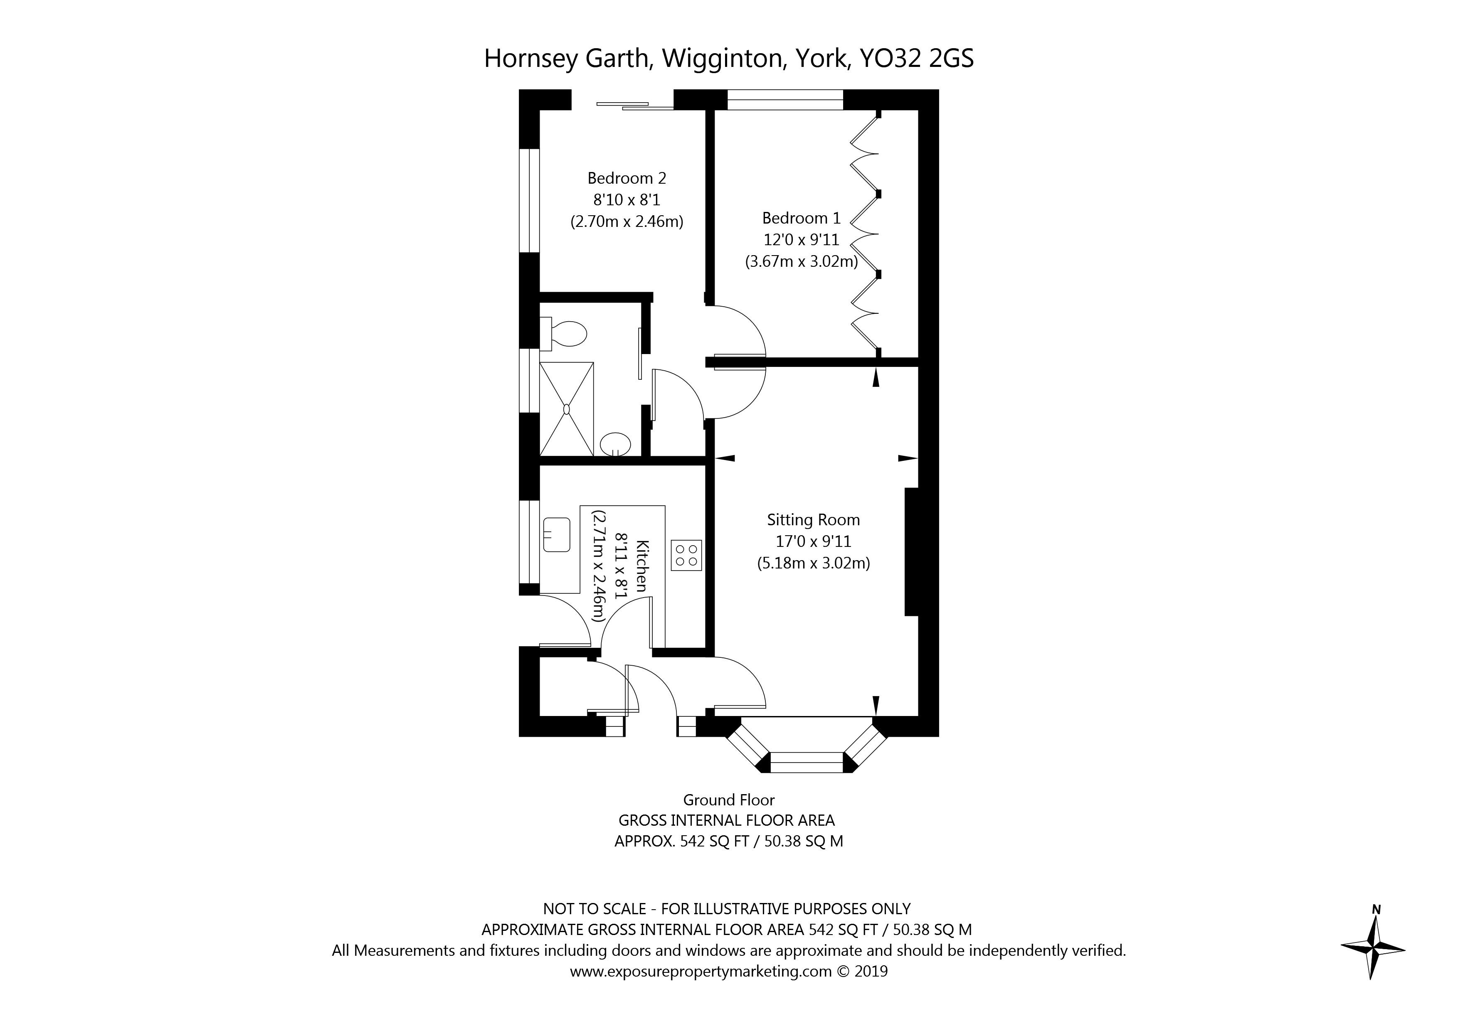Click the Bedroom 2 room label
click(627, 178)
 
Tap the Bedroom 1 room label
click(802, 219)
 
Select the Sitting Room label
click(814, 520)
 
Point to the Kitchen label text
click(642, 566)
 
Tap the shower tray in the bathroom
click(566, 409)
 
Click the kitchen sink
click(112, 534)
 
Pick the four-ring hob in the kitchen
click(686, 555)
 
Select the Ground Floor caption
click(729, 800)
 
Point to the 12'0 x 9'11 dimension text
click(802, 240)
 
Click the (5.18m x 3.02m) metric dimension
click(814, 563)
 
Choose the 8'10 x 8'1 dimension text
click(627, 200)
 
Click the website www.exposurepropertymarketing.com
click(701, 971)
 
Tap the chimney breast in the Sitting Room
click(912, 552)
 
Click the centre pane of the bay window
click(807, 762)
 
